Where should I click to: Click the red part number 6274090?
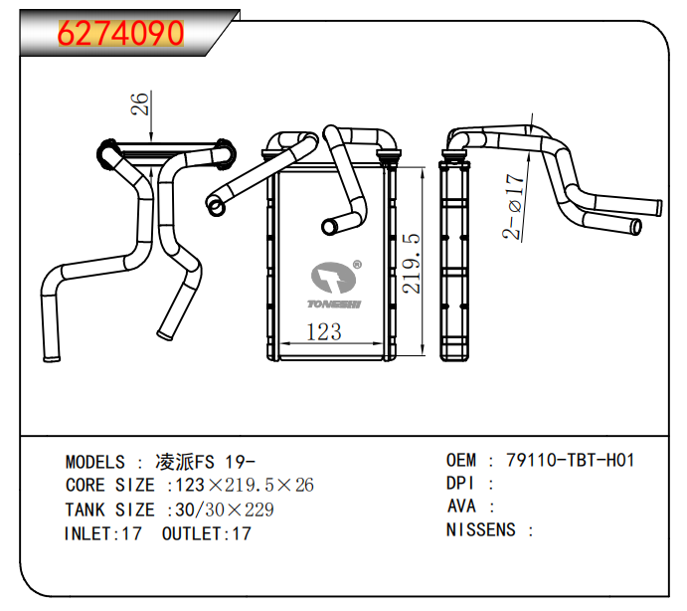pos(121,33)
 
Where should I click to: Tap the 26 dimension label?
pos(141,103)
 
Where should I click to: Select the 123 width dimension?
pos(323,332)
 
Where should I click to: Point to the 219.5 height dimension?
pos(412,264)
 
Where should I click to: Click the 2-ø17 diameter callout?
pos(514,207)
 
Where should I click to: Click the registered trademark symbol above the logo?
pos(357,265)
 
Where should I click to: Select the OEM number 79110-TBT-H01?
pos(570,460)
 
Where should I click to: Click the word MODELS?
pos(95,462)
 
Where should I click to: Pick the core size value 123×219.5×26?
pos(245,486)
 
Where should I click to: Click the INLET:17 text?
pos(103,533)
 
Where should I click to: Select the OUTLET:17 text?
pos(207,533)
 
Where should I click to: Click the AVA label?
pos(461,507)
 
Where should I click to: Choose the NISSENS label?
pos(481,529)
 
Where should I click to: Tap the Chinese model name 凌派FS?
pos(185,462)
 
